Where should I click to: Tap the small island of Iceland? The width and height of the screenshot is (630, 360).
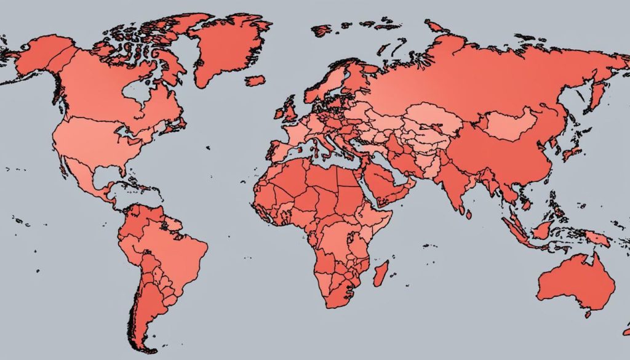(255, 80)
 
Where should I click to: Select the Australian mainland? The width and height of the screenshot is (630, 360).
(575, 283)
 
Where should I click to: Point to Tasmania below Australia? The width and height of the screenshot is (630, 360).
(588, 314)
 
